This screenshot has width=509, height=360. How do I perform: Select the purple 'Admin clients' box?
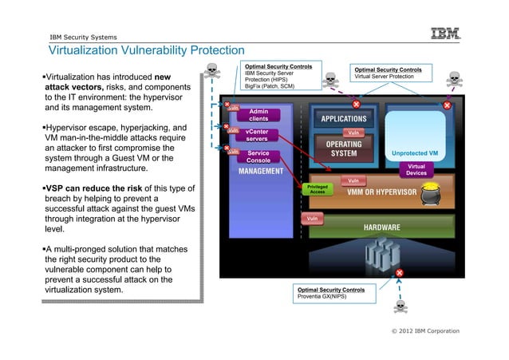coord(258,115)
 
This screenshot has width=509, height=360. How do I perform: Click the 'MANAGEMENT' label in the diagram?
coord(261,172)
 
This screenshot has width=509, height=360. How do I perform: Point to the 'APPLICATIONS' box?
coord(343,119)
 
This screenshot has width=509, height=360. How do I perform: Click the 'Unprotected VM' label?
coord(415,153)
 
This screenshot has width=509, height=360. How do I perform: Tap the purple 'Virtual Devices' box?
coord(416,169)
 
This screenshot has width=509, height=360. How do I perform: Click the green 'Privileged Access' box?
coord(317,189)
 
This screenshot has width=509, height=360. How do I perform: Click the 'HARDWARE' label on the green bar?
coord(382,227)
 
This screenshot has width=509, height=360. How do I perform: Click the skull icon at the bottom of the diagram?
coord(400,306)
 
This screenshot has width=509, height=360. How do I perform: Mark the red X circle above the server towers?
coord(399,273)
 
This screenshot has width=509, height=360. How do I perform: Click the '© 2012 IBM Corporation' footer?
coord(425,330)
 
